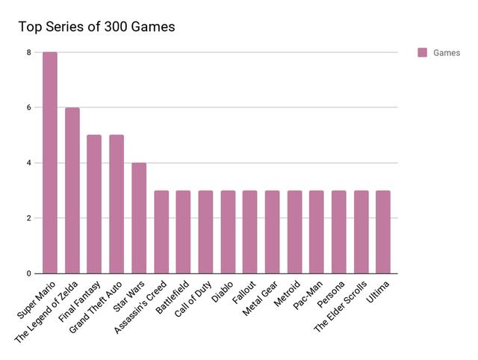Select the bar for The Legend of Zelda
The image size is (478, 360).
(72, 190)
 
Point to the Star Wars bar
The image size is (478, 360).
(139, 218)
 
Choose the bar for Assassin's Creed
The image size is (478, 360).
(161, 232)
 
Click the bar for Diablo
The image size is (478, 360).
(228, 232)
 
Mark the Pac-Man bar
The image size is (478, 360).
(317, 232)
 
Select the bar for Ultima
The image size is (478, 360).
(383, 232)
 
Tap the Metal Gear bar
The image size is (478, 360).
(272, 232)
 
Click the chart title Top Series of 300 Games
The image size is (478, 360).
(96, 28)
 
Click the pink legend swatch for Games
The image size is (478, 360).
(422, 53)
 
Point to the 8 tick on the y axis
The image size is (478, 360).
(29, 52)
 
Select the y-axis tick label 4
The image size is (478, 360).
(29, 163)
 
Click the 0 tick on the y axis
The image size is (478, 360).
(29, 273)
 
